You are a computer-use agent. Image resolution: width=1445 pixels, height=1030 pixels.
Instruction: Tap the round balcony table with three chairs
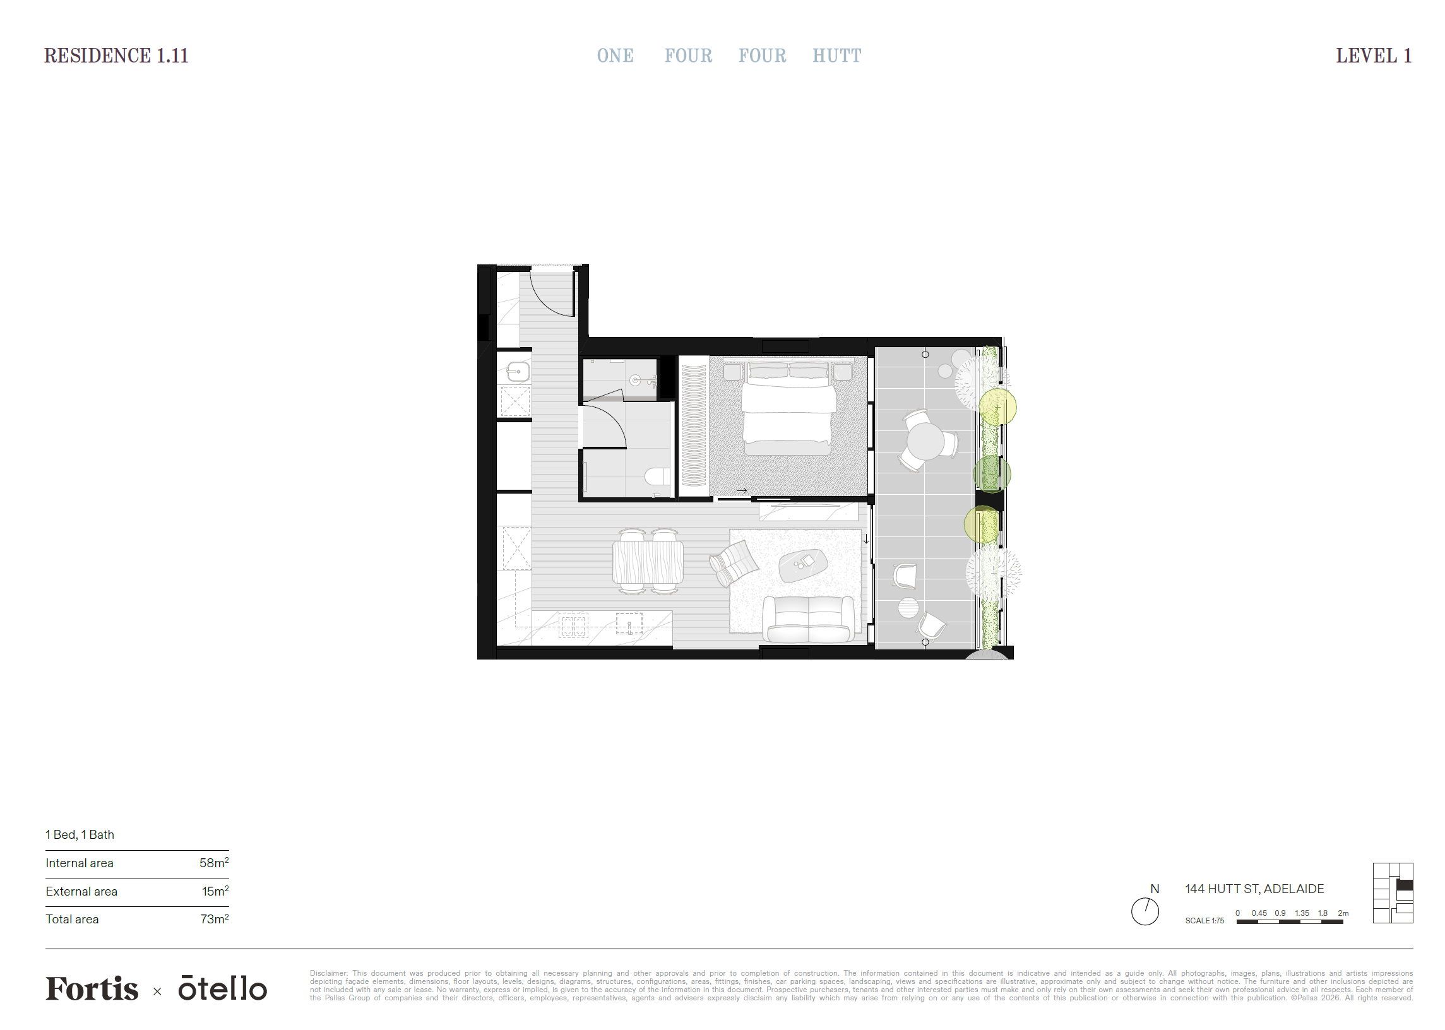925,441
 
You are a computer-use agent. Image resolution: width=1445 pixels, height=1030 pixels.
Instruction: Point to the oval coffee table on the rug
803,563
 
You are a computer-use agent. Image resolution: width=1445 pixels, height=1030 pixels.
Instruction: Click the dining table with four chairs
648,562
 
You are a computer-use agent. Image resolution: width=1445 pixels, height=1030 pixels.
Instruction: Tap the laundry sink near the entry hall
518,371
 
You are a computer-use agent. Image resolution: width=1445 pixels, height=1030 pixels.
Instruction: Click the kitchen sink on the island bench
629,624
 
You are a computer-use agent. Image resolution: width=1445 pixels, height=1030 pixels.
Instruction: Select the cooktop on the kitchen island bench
573,625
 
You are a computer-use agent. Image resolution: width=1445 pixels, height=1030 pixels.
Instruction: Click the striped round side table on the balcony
908,607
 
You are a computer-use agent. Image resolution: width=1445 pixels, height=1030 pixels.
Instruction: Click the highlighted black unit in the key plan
1405,885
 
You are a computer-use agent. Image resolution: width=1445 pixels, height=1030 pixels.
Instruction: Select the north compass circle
1145,911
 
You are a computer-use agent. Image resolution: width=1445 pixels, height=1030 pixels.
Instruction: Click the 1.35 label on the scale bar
1302,913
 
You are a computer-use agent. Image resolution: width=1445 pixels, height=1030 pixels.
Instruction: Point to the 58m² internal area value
214,863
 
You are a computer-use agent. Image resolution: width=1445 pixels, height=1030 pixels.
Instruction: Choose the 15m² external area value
215,891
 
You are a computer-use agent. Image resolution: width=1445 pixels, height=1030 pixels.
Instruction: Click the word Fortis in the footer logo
92,989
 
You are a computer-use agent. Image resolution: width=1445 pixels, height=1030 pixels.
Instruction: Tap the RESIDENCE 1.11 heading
116,56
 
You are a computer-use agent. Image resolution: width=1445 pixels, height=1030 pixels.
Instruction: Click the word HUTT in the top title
836,56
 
